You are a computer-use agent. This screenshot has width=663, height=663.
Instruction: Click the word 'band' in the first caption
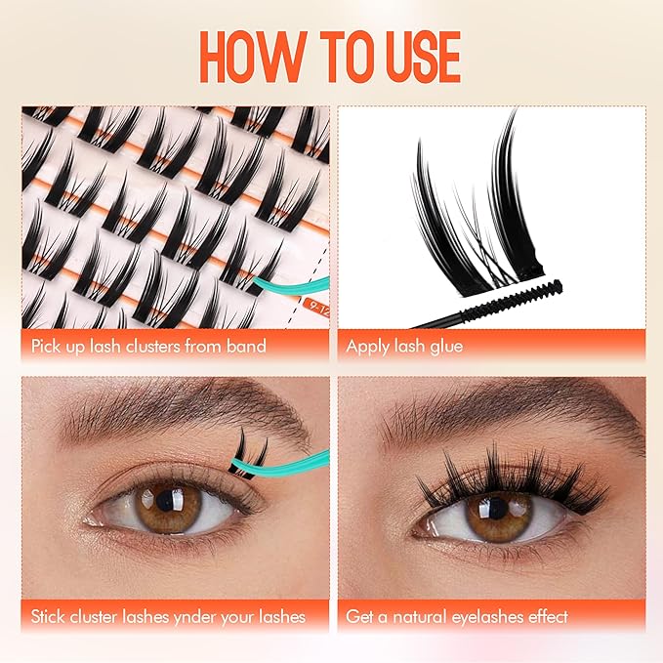click(244, 345)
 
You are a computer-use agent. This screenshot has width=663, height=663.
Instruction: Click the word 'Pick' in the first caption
click(47, 345)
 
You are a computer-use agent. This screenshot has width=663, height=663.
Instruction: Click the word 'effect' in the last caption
click(544, 616)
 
